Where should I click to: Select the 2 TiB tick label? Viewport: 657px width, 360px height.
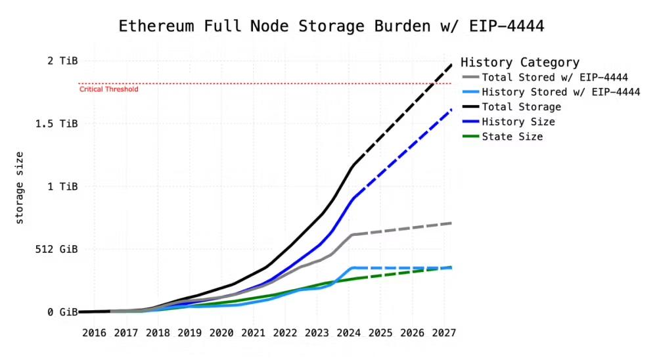(x=63, y=60)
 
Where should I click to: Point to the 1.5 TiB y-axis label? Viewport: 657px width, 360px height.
(x=58, y=124)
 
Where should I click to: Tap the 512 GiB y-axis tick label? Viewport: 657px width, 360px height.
(x=58, y=250)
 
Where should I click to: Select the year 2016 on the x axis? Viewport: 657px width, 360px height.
(x=95, y=333)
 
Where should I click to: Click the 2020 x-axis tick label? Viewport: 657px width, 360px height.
(x=221, y=333)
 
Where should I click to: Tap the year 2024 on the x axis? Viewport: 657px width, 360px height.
(x=348, y=333)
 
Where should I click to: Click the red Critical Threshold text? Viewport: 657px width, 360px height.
(x=108, y=89)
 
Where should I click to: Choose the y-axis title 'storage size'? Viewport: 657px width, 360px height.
(x=20, y=187)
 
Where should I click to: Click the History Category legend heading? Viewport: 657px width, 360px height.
(x=520, y=63)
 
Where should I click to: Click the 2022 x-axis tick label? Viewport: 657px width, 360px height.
(x=285, y=333)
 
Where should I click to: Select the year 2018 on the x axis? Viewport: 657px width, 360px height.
(x=158, y=333)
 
